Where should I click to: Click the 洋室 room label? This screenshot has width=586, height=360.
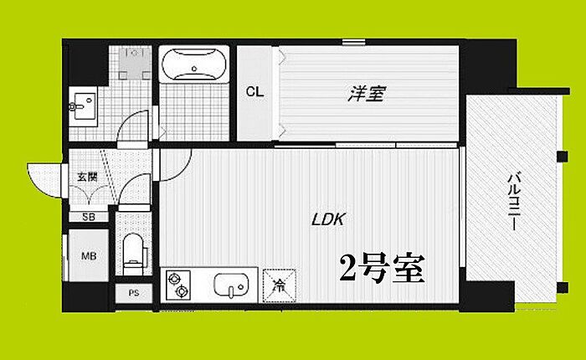click(366, 94)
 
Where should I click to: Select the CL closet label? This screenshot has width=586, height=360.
click(254, 92)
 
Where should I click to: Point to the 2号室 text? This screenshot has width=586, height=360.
click(381, 269)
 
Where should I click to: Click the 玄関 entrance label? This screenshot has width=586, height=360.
click(86, 176)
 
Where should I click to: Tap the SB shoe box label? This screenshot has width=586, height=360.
click(87, 217)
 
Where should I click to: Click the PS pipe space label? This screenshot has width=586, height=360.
click(132, 293)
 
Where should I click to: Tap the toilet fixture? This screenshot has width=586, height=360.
click(132, 252)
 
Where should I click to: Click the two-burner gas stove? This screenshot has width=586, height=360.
click(178, 285)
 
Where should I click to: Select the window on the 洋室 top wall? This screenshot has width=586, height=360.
click(353, 42)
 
